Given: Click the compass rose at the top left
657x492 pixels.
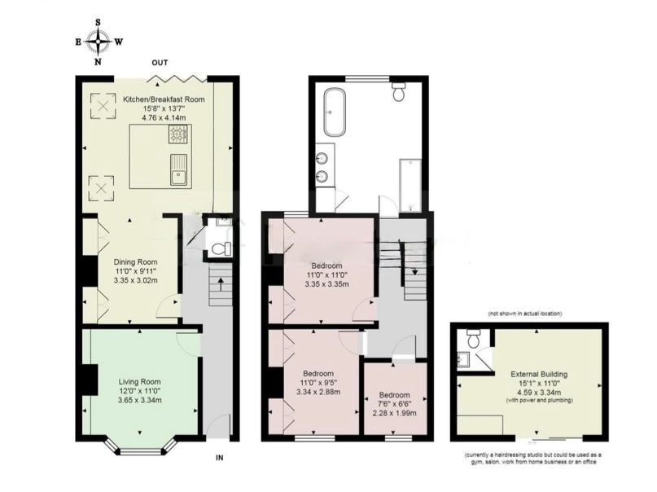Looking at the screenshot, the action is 98,42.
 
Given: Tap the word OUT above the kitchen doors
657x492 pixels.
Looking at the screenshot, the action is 160,63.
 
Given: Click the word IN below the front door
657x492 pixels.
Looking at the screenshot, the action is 219,458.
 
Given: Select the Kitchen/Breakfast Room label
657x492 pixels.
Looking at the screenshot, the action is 164,99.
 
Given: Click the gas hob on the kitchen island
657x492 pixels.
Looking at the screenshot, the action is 177,134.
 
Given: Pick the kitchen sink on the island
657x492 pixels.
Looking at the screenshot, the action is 178,169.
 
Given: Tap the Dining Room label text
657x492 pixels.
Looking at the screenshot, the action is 135,262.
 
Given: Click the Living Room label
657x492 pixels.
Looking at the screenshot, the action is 139,382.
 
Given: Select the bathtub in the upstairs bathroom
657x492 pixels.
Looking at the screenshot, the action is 334,112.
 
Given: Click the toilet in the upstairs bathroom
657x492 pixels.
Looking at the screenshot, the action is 398,91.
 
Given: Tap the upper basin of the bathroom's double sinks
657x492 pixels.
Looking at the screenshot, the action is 323,158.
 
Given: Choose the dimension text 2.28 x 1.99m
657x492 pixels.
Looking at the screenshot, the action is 394,413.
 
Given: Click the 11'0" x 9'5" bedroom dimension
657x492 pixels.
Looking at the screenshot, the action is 318,383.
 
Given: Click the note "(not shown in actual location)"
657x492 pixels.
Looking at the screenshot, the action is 525,314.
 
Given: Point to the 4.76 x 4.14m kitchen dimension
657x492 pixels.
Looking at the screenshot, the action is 164,118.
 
